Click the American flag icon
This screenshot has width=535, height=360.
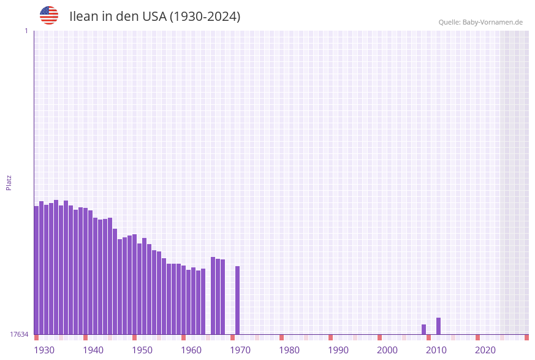pyautogui.click(x=49, y=15)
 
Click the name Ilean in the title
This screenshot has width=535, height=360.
pyautogui.click(x=83, y=17)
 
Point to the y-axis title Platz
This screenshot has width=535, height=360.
pyautogui.click(x=9, y=182)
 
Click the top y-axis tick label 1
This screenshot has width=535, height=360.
pyautogui.click(x=26, y=31)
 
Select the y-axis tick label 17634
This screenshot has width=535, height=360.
pyautogui.click(x=19, y=334)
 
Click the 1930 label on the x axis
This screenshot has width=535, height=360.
pyautogui.click(x=44, y=350)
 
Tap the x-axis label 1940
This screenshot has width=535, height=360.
pyautogui.click(x=93, y=350)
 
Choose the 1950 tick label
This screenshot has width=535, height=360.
pyautogui.click(x=142, y=350)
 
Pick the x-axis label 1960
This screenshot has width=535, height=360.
pyautogui.click(x=191, y=350)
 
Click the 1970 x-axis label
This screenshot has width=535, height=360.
pyautogui.click(x=240, y=350)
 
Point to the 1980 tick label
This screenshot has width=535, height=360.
pyautogui.click(x=289, y=350)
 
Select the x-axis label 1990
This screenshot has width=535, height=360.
pyautogui.click(x=338, y=350)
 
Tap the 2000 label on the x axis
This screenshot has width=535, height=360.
pyautogui.click(x=387, y=350)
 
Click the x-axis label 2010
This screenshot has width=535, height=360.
pyautogui.click(x=436, y=350)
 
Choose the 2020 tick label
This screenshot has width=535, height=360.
pyautogui.click(x=485, y=350)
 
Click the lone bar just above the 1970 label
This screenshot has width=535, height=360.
pyautogui.click(x=237, y=300)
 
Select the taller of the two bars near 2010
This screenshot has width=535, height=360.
pyautogui.click(x=438, y=326)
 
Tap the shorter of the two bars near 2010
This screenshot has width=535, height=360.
pyautogui.click(x=423, y=329)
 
